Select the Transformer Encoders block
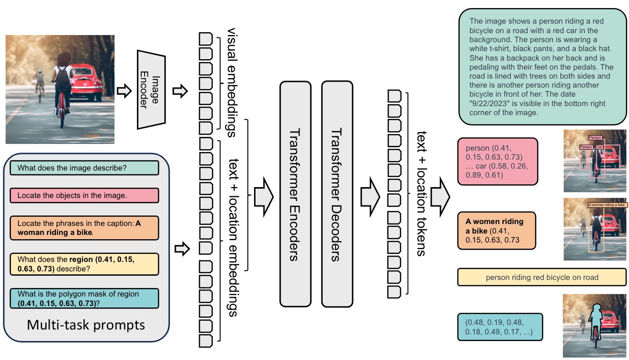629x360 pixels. tap(295, 194)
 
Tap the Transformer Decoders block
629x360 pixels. tap(337, 194)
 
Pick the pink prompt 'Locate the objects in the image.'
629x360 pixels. tap(84, 195)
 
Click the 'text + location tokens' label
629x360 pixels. tap(420, 194)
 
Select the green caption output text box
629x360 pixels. tap(542, 67)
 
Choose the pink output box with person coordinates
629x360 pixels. tap(498, 161)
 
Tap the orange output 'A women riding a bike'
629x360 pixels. tap(496, 231)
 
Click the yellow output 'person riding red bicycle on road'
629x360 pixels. tap(542, 278)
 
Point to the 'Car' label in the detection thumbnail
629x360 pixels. tap(599, 147)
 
